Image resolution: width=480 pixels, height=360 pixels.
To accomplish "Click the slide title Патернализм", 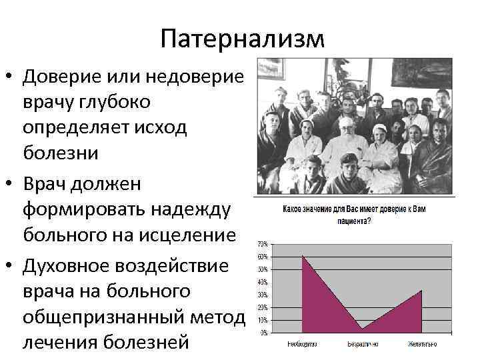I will [x=242, y=37].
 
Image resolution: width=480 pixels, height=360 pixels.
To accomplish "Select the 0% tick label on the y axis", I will [x=265, y=332].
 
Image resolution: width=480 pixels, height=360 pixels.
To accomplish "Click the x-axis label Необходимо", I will [x=302, y=345].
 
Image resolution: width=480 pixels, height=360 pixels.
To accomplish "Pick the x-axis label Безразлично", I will [x=362, y=345].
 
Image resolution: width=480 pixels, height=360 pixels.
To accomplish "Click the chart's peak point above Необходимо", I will [x=303, y=256].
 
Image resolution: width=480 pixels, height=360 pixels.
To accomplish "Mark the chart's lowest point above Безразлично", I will [x=362, y=328].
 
